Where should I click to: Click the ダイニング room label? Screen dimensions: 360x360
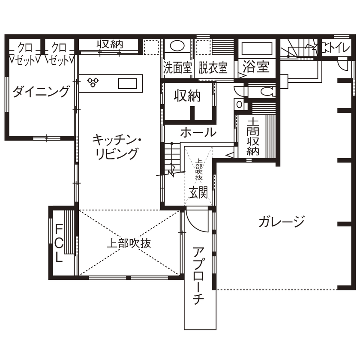41,92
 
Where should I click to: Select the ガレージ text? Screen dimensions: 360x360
282,221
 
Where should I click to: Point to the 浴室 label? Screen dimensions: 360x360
256,67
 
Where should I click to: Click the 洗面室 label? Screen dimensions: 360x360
177,68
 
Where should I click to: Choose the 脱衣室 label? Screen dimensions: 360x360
213,68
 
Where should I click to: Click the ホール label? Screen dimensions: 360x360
198,132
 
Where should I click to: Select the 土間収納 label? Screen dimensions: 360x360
253,137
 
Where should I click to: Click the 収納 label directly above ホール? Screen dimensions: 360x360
187,96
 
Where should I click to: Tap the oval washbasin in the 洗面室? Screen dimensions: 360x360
176,45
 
